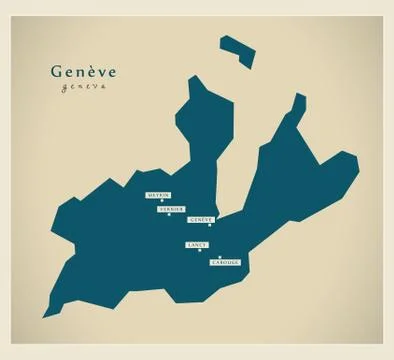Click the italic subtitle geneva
(82, 87)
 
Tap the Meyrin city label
(157, 195)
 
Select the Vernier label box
(171, 210)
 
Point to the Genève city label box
(201, 219)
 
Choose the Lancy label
(196, 244)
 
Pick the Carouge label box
(226, 262)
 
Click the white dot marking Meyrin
(162, 201)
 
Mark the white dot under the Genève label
(209, 225)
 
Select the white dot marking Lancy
(200, 250)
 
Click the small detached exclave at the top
(236, 51)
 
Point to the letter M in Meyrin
(149, 195)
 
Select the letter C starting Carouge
(214, 262)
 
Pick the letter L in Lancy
(189, 244)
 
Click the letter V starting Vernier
(160, 210)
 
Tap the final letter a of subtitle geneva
(102, 87)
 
